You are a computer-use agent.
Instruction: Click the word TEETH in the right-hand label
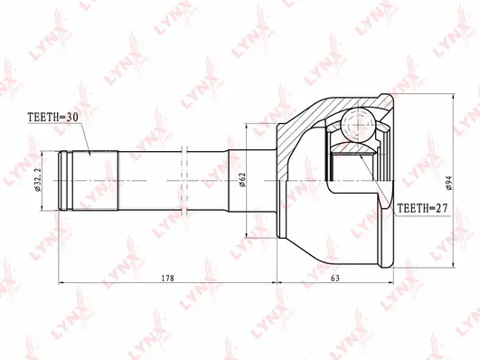point(411,207)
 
